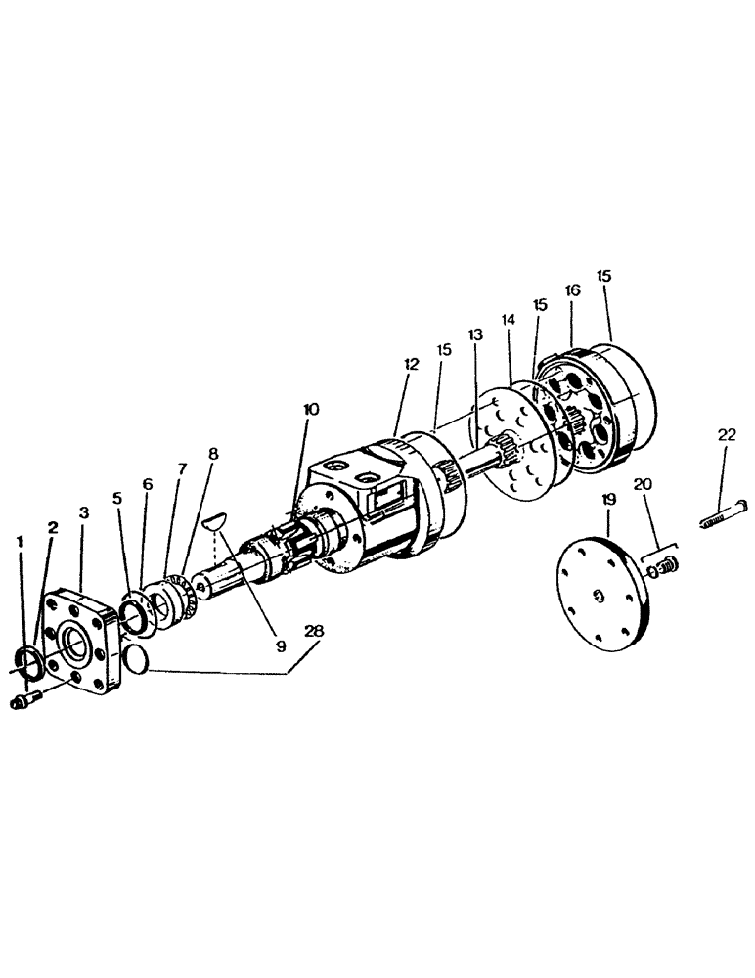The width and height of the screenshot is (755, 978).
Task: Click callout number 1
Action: [x=21, y=540]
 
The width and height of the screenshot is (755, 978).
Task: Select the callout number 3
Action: [x=84, y=511]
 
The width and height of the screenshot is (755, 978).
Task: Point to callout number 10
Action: [x=310, y=409]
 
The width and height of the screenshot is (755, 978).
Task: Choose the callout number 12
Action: [x=410, y=363]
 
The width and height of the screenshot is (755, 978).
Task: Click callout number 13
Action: [x=475, y=334]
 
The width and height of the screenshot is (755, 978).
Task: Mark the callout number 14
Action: [x=507, y=319]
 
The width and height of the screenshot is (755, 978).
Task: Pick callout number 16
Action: [x=573, y=290]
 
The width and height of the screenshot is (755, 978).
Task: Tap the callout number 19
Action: [x=608, y=499]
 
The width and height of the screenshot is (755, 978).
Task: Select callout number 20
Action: [x=642, y=484]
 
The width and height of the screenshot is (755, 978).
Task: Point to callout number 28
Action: [x=313, y=631]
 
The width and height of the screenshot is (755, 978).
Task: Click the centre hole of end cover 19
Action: [x=598, y=596]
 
